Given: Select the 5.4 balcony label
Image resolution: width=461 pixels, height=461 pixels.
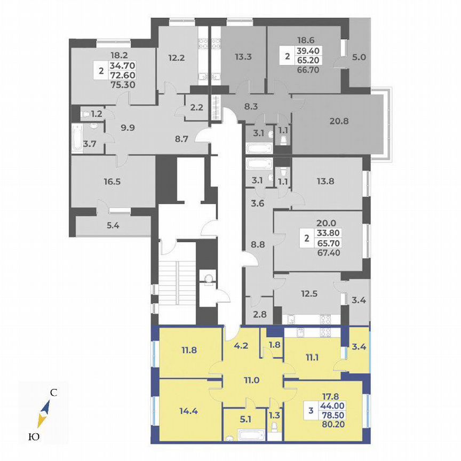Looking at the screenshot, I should click(112, 226).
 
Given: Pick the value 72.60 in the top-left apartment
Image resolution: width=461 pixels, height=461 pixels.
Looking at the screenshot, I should click(122, 75).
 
